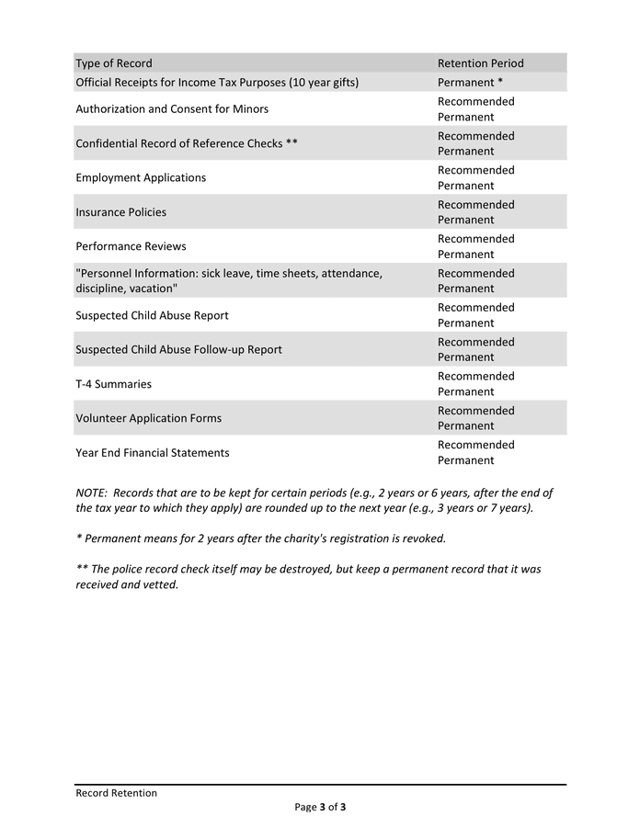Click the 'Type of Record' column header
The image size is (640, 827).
coord(114,63)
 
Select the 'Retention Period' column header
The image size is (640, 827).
coord(480,63)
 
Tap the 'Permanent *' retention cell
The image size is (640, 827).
coord(470,83)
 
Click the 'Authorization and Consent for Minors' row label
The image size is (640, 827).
coord(172,109)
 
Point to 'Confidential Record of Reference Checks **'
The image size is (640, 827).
coord(187,143)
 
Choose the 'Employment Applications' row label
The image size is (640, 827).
coord(141,177)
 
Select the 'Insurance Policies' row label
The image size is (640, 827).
coord(120,212)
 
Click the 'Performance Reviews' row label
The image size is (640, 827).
coord(131,246)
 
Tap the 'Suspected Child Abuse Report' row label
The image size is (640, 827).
coord(152,315)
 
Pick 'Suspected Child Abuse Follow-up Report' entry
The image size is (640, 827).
coord(178,349)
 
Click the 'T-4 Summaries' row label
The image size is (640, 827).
coord(113,384)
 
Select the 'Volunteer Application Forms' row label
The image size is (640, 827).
coord(148,418)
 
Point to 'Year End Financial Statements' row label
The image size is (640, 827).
coord(153,453)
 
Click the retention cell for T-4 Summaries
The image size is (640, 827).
coord(475,384)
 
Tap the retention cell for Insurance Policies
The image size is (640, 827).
coord(475,212)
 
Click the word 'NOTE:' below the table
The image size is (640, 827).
coord(92,493)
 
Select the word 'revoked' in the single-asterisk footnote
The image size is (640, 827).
coord(424,538)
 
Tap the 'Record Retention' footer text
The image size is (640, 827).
coord(116,793)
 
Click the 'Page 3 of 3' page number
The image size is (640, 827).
coord(320,808)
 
